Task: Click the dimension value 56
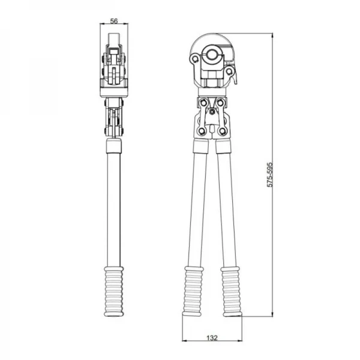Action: coord(114,21)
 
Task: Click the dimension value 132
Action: coord(212,338)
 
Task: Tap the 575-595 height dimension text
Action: coord(270,175)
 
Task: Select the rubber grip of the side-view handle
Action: coord(114,292)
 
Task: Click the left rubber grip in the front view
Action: coord(193,292)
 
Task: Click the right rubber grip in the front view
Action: coord(231,292)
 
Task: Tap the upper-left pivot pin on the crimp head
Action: coord(195,59)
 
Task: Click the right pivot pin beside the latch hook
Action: coord(229,71)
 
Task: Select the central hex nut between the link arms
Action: coord(212,112)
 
